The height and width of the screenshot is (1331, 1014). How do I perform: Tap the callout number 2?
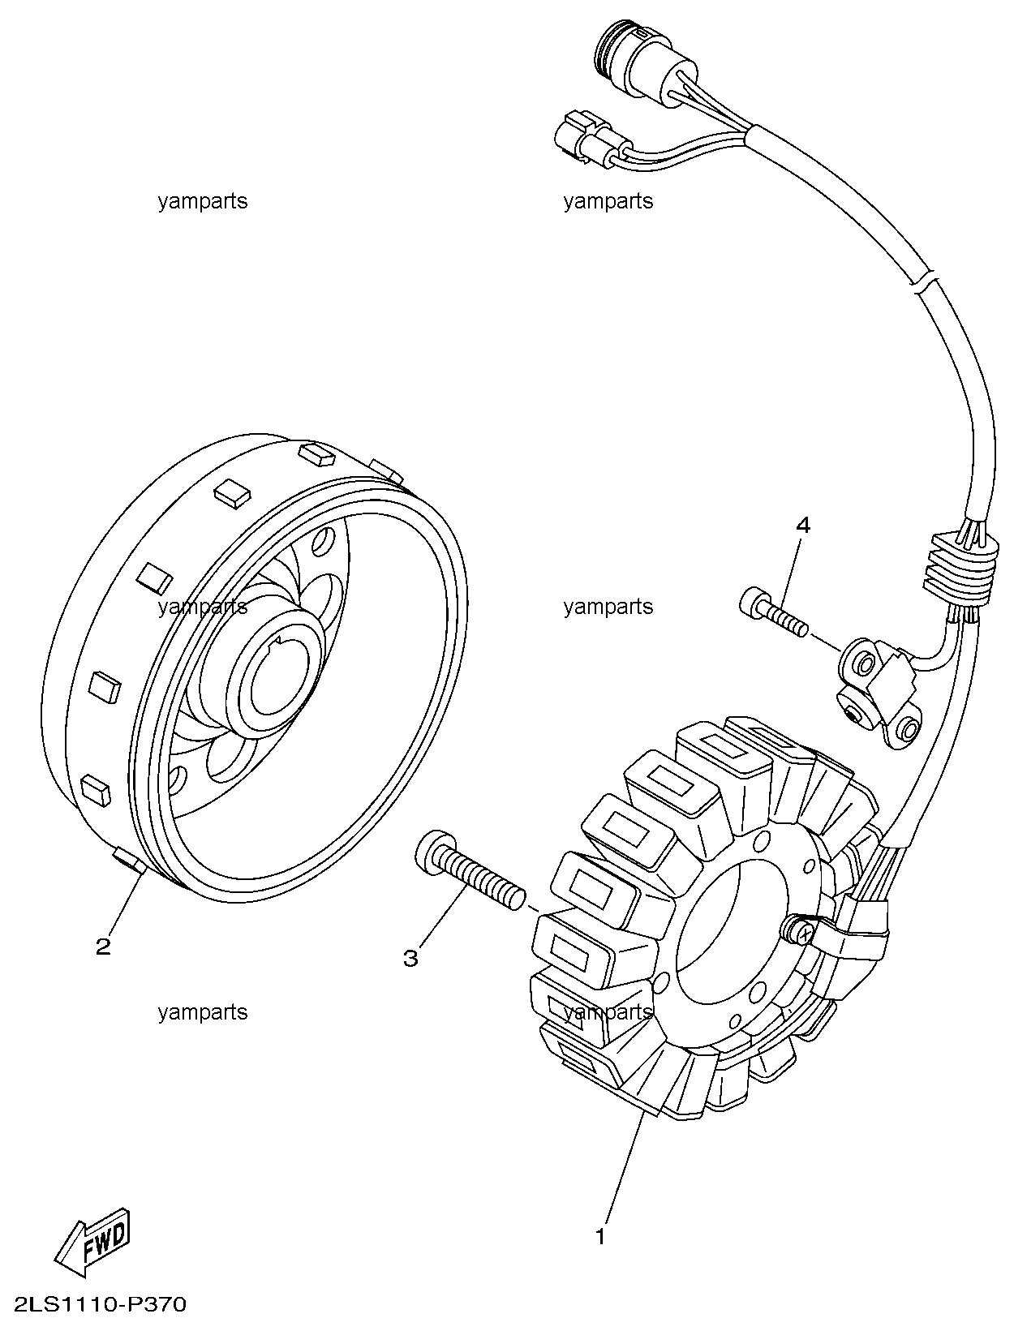(104, 947)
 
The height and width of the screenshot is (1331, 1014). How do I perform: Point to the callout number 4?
(802, 525)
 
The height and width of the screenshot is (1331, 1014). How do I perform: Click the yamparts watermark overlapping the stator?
(608, 1012)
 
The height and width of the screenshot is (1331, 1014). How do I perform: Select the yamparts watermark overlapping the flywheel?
(203, 607)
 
